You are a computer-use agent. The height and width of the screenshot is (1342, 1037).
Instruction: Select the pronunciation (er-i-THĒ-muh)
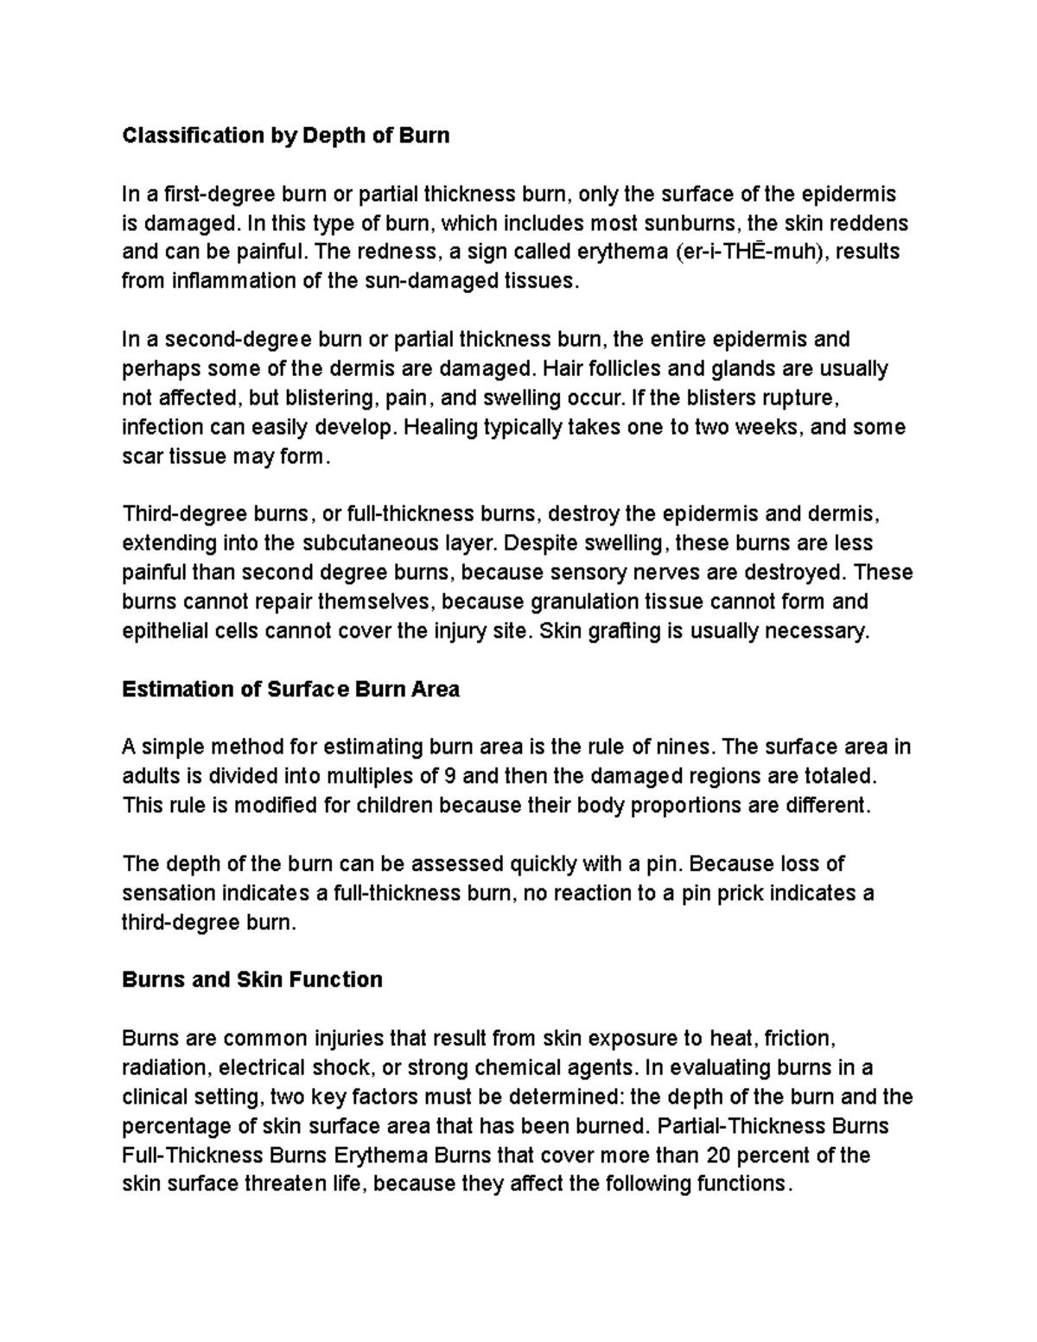747,252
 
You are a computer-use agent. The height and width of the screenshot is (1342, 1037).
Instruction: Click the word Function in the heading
335,979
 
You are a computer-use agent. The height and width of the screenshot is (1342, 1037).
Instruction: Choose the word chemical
513,1067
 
